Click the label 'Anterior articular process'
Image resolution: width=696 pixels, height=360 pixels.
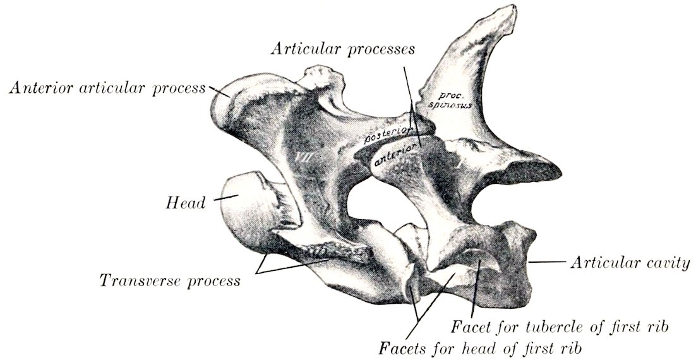(107, 88)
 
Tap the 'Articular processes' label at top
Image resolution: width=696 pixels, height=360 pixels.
(343, 49)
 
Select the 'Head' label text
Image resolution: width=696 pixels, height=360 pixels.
(186, 203)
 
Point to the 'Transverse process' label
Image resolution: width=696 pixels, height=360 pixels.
(169, 280)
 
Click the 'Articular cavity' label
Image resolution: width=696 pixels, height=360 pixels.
(630, 263)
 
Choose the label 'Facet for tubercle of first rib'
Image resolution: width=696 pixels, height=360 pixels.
(560, 328)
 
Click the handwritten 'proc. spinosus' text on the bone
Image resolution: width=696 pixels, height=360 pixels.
(453, 101)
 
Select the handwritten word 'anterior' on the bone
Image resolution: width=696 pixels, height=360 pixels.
(397, 156)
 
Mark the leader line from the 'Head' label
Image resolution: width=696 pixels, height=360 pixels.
(226, 198)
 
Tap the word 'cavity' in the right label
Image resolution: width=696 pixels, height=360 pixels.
(668, 263)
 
